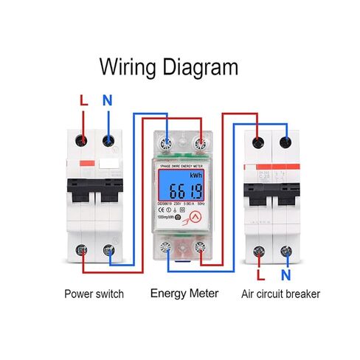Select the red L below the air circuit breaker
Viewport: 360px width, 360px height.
(260, 276)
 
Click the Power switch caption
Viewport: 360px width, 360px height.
(93, 294)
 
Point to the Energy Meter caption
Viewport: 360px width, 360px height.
(184, 294)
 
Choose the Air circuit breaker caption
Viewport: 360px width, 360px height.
(281, 294)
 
